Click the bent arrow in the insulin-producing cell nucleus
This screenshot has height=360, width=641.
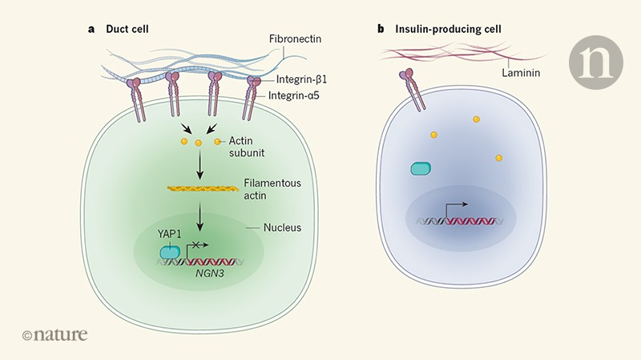click(x=455, y=208)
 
